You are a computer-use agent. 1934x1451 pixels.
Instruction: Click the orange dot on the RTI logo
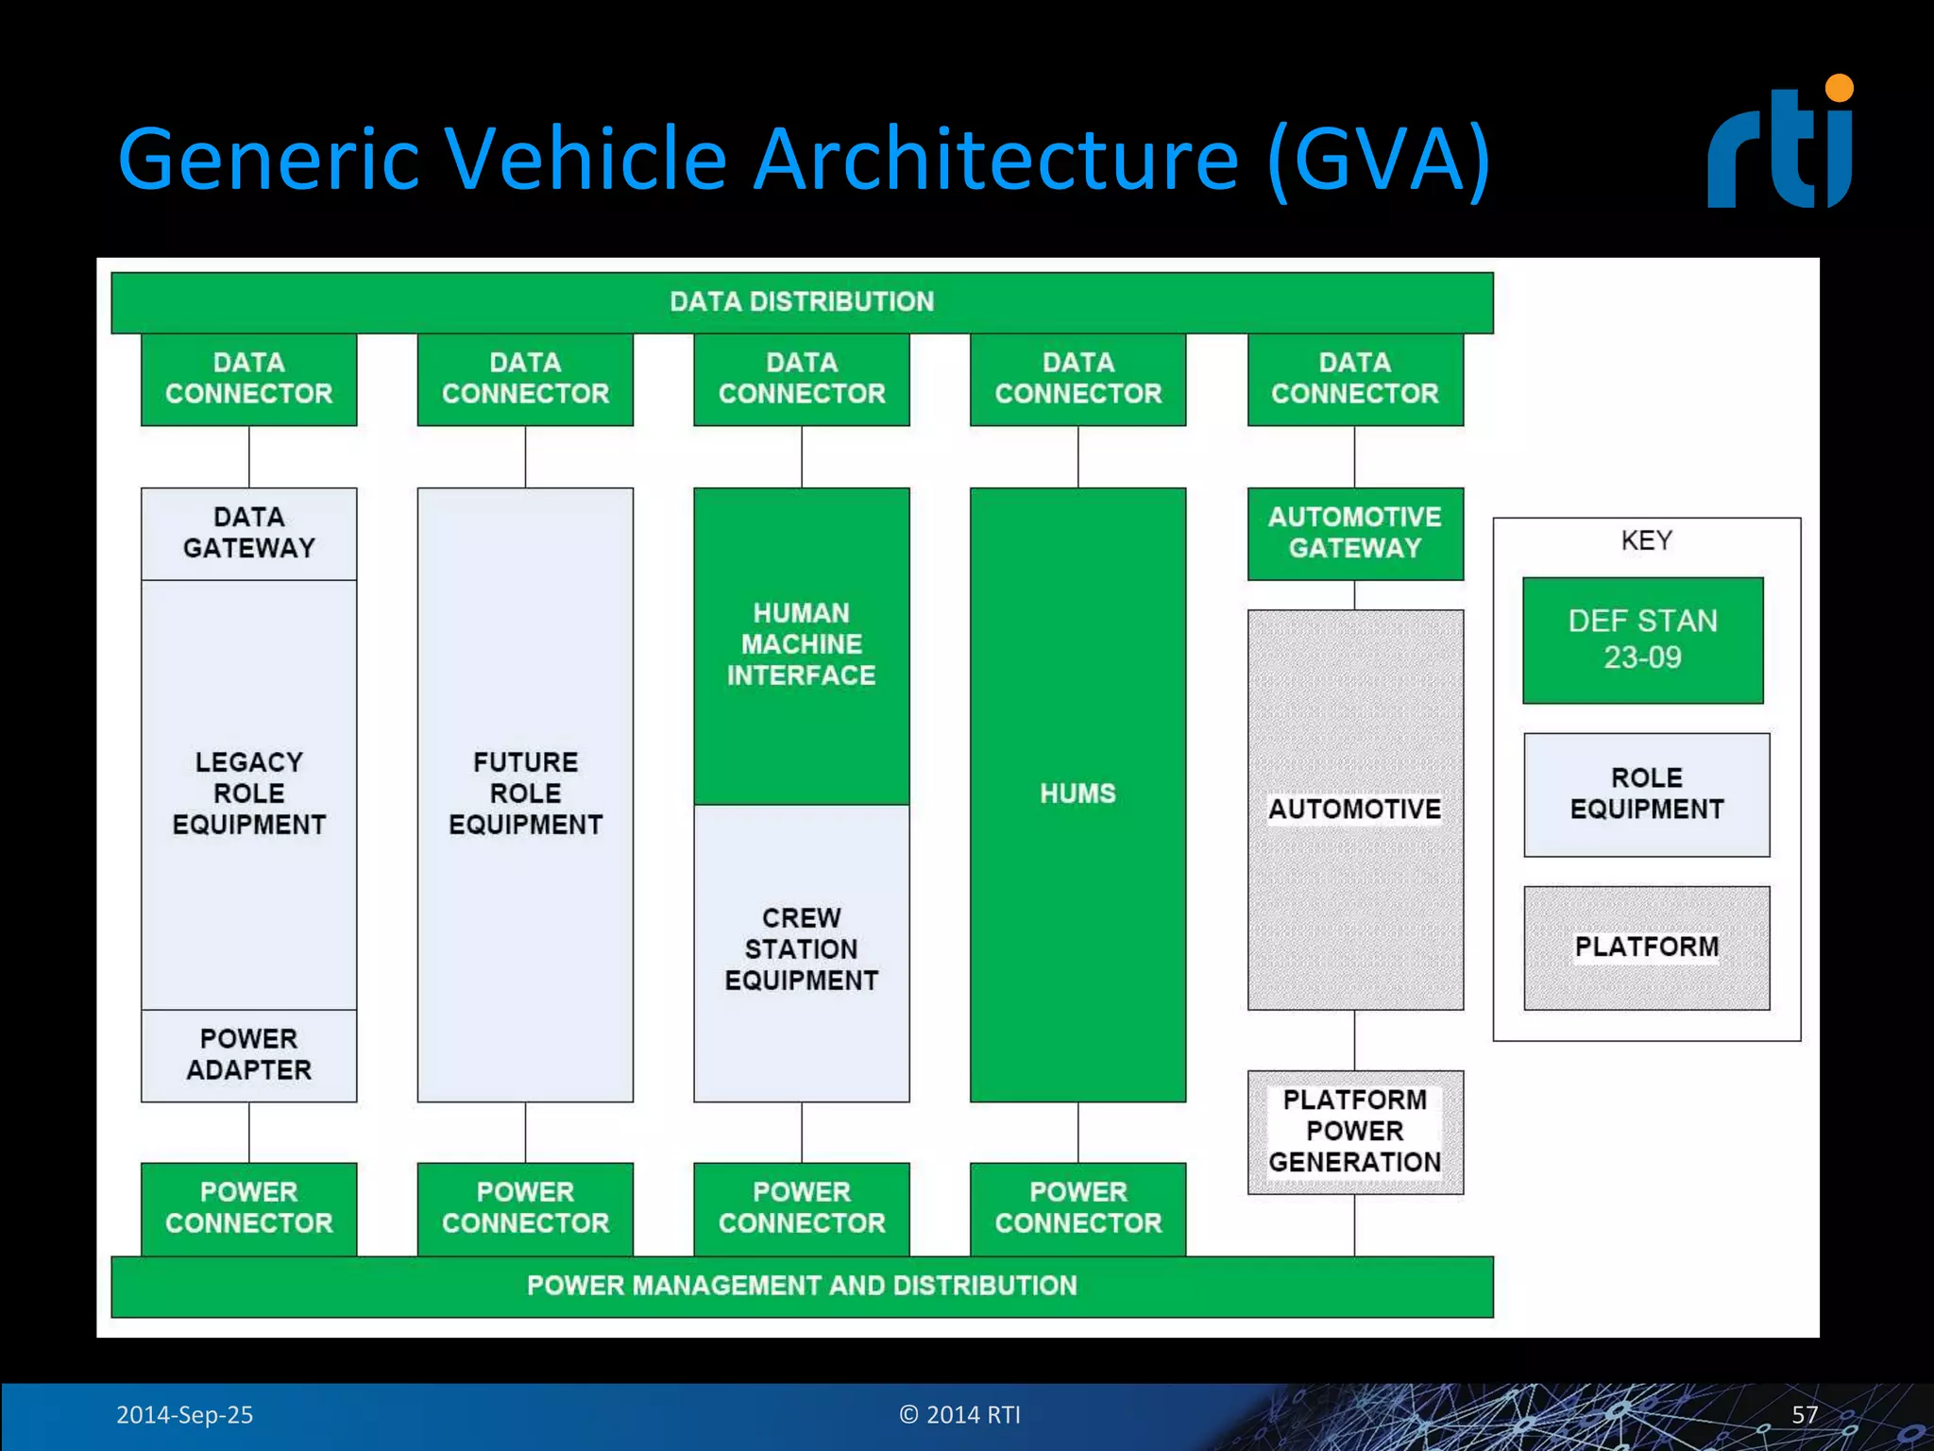[1839, 88]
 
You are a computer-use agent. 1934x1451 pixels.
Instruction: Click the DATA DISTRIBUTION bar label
[802, 301]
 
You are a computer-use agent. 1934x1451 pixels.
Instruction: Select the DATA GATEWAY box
[248, 533]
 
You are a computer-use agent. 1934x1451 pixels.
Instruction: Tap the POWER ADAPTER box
[248, 1054]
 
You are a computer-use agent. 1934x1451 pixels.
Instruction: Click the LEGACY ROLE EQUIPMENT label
[248, 793]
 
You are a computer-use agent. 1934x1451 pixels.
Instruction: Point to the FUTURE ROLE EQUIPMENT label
[525, 793]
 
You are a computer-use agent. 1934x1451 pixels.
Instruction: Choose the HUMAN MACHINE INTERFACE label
[801, 644]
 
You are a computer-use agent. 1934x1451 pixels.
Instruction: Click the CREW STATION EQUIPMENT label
[801, 948]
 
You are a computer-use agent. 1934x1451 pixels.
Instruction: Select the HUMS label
[1077, 794]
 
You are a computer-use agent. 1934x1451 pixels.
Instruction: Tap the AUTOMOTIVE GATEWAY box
[1354, 533]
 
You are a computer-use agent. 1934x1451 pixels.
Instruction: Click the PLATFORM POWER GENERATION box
[1354, 1131]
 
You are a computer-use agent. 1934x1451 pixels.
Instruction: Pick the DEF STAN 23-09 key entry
[1642, 640]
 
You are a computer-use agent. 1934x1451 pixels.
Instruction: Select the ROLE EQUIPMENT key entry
[1646, 794]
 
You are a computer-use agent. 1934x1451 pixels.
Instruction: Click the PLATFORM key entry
[1646, 947]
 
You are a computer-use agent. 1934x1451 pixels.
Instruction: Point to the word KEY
[1646, 540]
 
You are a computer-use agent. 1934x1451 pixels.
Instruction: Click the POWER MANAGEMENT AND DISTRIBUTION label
[802, 1285]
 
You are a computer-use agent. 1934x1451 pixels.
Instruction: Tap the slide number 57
[1804, 1414]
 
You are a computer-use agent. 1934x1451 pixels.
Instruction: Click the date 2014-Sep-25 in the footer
[184, 1414]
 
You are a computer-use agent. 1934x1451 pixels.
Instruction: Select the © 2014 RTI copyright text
[959, 1414]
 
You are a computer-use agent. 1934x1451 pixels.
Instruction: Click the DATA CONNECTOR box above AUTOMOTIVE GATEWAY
[1354, 378]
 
